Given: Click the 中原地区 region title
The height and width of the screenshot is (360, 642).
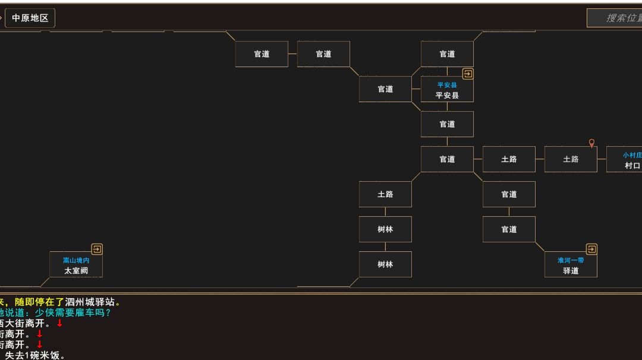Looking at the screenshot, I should [30, 18].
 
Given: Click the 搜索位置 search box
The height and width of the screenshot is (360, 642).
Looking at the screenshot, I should [615, 18].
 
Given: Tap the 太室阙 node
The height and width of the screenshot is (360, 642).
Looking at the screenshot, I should [76, 265].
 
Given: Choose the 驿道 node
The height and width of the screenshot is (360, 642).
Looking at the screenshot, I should [571, 265].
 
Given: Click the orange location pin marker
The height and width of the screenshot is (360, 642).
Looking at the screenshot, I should [591, 143].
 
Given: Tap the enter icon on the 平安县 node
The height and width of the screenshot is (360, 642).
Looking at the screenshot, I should [468, 74].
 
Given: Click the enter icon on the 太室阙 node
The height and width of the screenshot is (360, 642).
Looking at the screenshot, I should [97, 249].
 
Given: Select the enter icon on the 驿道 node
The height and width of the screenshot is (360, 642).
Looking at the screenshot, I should [591, 249].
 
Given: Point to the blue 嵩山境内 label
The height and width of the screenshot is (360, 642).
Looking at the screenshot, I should [76, 260].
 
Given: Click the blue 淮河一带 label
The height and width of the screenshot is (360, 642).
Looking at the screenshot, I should [571, 260].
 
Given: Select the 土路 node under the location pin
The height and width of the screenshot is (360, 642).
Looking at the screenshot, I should [571, 159].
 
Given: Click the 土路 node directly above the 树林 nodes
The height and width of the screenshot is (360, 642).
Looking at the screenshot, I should [385, 194].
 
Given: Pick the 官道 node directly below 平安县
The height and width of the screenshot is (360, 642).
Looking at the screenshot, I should [447, 124].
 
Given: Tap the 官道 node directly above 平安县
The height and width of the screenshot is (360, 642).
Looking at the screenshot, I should [447, 54].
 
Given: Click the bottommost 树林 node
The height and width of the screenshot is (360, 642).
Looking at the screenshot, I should [385, 264].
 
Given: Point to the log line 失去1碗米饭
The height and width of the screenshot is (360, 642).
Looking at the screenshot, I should [35, 355].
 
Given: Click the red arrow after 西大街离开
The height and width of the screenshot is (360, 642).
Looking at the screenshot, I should [59, 323].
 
